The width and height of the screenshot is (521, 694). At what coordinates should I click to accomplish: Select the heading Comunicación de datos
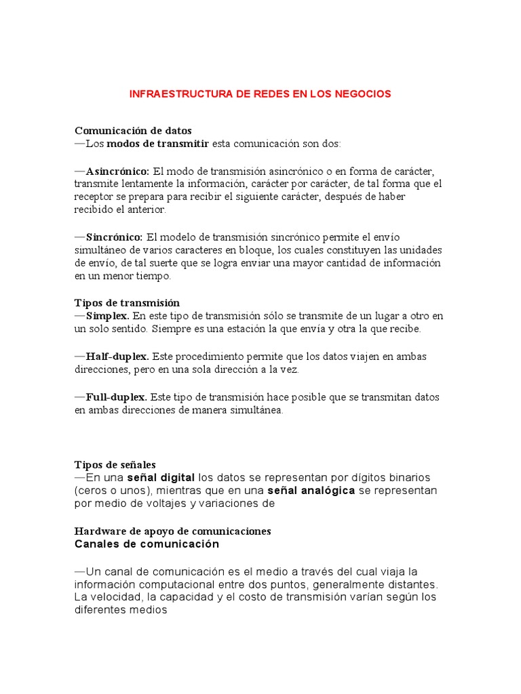(133, 131)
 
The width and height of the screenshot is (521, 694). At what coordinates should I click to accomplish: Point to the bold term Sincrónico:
(114, 237)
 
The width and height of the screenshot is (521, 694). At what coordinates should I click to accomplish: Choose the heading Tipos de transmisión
(127, 303)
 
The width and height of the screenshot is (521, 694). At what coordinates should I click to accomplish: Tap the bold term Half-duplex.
(117, 356)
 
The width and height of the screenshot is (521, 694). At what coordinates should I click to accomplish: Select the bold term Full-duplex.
(116, 396)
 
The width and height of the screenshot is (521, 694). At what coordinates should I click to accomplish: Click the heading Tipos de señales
(115, 465)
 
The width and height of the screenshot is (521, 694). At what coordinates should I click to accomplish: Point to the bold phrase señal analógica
(311, 491)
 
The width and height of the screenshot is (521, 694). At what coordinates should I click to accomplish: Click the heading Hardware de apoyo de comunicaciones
(172, 531)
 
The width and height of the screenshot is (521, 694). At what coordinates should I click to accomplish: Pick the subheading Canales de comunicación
(147, 544)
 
